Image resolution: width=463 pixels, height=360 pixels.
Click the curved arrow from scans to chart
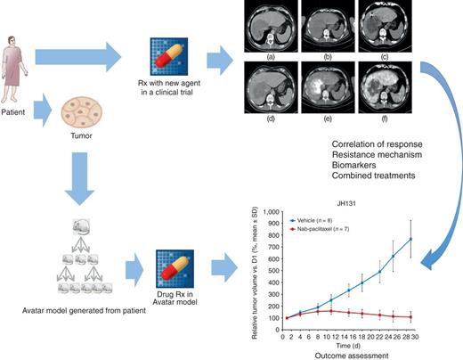439,178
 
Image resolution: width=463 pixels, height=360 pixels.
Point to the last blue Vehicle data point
411,239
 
